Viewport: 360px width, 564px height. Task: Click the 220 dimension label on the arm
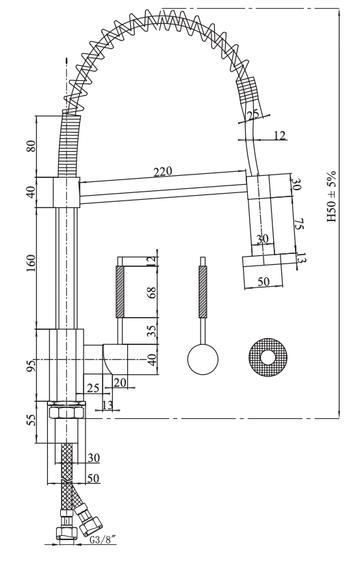click(163, 172)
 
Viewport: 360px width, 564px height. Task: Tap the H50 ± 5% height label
click(331, 196)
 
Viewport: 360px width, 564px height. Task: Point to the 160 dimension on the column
click(31, 263)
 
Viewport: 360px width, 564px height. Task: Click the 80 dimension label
click(31, 145)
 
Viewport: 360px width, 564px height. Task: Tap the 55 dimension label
click(31, 420)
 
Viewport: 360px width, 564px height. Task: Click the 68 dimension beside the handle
click(152, 292)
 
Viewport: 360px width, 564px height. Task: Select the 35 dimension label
click(152, 331)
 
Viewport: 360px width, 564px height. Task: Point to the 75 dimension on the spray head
click(299, 225)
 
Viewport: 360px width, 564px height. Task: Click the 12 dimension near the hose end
click(279, 135)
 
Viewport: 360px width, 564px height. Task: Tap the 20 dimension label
click(120, 383)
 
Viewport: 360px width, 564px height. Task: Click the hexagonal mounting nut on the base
click(67, 411)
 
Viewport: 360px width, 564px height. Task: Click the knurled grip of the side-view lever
click(120, 292)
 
